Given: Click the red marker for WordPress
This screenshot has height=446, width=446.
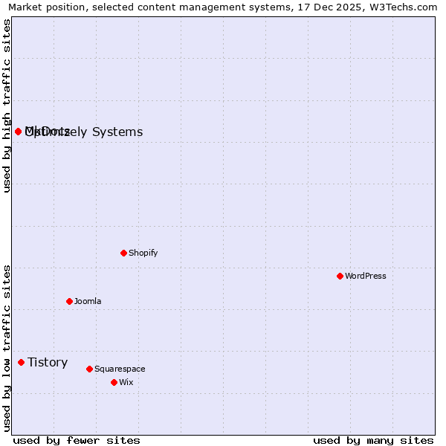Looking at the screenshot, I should coord(340,276).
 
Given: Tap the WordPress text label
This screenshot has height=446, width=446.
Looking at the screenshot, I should coord(366,276).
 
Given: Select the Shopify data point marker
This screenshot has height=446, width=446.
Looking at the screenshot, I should coord(123,253).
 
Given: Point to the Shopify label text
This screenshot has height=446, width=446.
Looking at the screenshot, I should coord(143,253).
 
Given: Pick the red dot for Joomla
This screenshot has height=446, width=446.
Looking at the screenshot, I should coord(69,301).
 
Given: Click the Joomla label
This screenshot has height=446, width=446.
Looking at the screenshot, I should coord(88,301).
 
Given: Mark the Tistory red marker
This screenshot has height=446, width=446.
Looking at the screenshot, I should coord(21,362).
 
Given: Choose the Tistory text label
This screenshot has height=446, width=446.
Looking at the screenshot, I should coord(48,362).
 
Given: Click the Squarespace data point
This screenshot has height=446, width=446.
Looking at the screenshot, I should coord(89,369).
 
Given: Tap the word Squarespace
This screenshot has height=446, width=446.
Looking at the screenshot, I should coord(120,369).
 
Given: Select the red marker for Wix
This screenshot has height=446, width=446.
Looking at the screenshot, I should coord(114,382).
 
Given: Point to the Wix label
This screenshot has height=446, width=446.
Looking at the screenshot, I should coord(126,382).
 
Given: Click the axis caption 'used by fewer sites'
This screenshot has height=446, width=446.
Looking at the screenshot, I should coord(77,440).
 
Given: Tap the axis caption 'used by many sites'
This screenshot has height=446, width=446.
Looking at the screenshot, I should coord(373,440).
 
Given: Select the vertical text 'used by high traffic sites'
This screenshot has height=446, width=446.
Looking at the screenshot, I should coord(7,106).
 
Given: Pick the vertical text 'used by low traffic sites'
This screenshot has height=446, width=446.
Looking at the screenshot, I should coord(7,348).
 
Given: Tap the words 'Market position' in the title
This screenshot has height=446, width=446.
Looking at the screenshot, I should coord(42,7).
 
